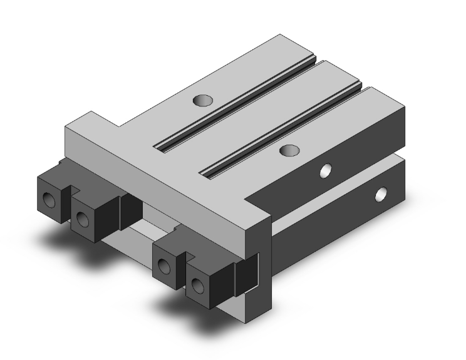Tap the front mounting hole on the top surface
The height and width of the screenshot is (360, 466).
(x=289, y=150)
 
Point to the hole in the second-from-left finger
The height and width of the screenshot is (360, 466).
(x=81, y=219)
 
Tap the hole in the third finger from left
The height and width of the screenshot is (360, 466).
(x=164, y=267)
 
